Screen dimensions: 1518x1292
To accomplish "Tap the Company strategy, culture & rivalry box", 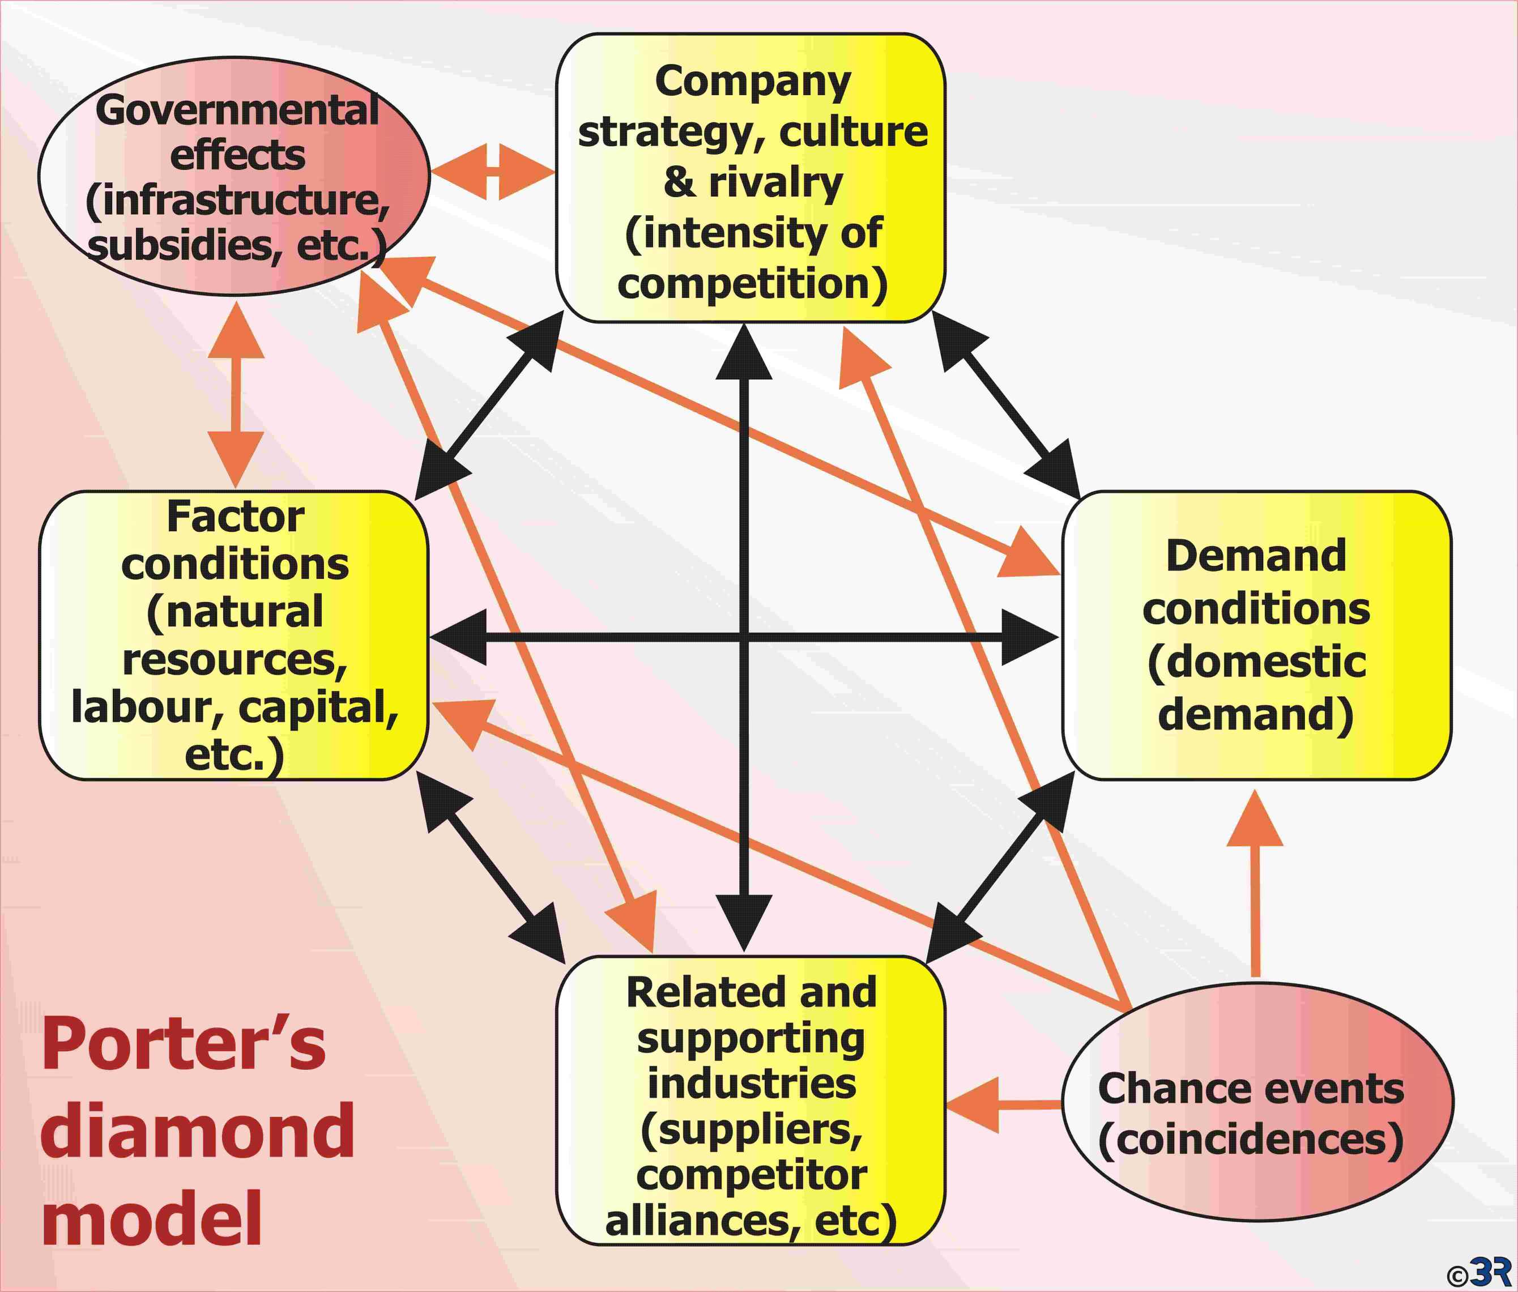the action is (x=751, y=178).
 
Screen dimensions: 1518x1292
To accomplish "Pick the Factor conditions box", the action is (x=233, y=636).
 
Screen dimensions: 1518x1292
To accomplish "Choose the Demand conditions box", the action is (x=1256, y=636).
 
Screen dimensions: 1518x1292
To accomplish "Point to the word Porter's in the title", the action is (x=183, y=1044).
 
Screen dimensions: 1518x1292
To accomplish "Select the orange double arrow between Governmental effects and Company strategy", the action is (x=493, y=172).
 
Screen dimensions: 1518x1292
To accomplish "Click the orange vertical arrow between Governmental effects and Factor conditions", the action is (x=236, y=394).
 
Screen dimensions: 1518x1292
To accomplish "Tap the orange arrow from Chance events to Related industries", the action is (x=1003, y=1105).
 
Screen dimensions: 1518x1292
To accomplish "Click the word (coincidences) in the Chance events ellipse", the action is (x=1251, y=1140).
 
